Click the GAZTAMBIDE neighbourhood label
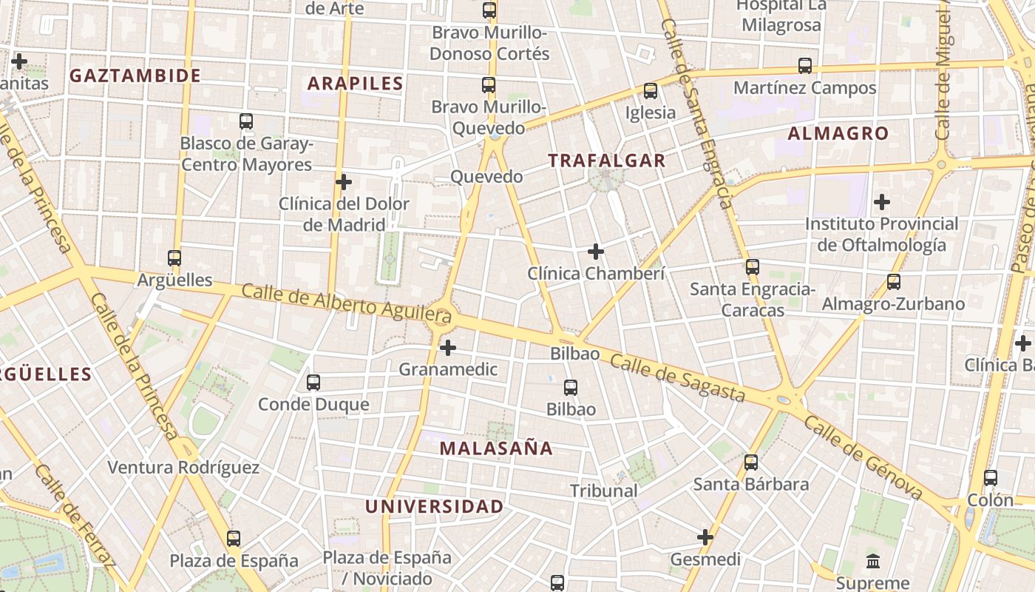pos(135,75)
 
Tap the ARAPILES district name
pos(355,84)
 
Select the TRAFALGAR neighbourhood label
pos(606,161)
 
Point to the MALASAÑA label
pos(496,448)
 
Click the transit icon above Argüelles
pos(174,258)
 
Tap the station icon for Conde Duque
pos(313,383)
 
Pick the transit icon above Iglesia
pos(651,91)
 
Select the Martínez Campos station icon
pos(805,66)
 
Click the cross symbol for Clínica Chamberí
pos(596,252)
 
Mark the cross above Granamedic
pos(448,347)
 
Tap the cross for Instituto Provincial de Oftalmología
pos(881,201)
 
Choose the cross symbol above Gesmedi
pos(705,537)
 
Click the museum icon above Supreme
pos(873,561)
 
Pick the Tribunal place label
pos(603,491)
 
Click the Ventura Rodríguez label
pos(183,468)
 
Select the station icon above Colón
pos(991,478)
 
